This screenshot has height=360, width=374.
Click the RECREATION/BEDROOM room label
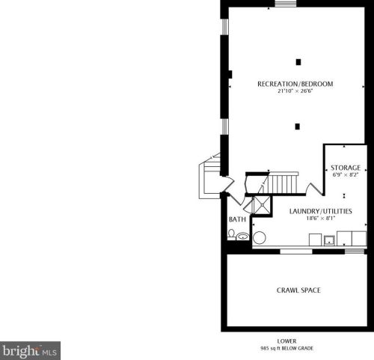pyautogui.click(x=295, y=84)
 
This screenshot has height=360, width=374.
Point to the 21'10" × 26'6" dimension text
pyautogui.click(x=295, y=92)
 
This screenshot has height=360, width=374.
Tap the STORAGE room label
pyautogui.click(x=346, y=168)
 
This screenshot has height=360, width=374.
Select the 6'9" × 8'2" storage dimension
pyautogui.click(x=346, y=175)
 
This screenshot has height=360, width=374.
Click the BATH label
pyautogui.click(x=237, y=219)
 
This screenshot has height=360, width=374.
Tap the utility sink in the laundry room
pyautogui.click(x=329, y=240)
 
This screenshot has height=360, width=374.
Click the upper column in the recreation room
pyautogui.click(x=297, y=61)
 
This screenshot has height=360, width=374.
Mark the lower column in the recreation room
pyautogui.click(x=297, y=125)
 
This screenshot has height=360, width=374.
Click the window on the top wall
pyautogui.click(x=284, y=4)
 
